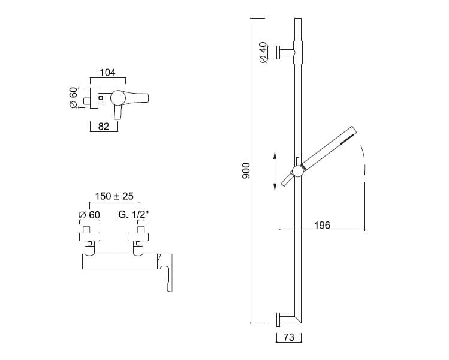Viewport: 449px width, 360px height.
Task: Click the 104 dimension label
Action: (x=107, y=73)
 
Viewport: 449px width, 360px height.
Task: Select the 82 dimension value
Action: (x=104, y=126)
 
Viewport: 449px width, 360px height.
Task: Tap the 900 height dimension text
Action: (x=246, y=170)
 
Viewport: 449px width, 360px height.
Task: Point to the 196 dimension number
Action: (x=322, y=225)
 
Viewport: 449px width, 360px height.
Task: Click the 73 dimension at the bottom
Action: (x=289, y=337)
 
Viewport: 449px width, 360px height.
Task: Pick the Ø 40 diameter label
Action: (x=263, y=52)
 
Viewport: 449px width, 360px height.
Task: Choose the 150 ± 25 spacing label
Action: (x=114, y=196)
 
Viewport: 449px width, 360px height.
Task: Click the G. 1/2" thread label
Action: (x=134, y=214)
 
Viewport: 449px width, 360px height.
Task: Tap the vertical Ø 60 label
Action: (x=73, y=98)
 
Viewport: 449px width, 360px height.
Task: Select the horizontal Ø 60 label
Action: (x=89, y=215)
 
